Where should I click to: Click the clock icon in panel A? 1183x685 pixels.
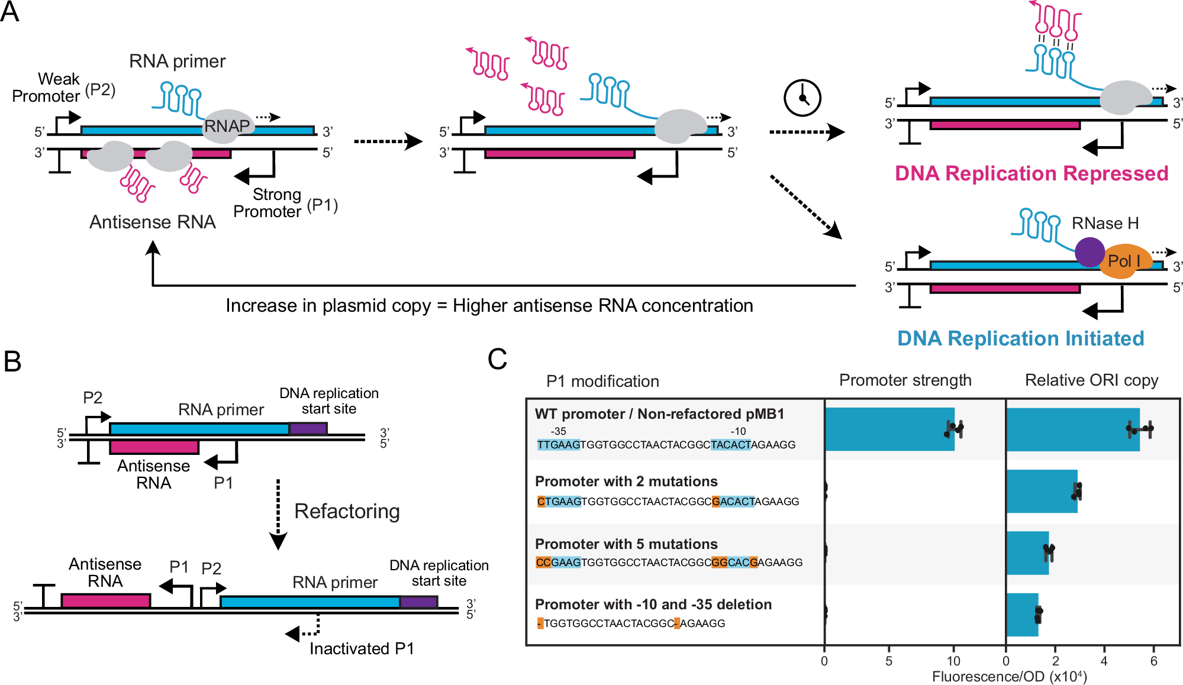(802, 98)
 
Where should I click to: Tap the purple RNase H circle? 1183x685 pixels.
(1089, 252)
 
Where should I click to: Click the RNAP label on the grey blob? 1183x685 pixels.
(227, 126)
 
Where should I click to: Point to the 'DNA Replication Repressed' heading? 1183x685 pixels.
(1031, 173)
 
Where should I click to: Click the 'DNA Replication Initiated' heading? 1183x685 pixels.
(1020, 338)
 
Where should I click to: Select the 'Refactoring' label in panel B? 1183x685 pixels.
(347, 511)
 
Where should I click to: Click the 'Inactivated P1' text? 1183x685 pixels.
(361, 649)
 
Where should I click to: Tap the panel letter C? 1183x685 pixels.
(497, 359)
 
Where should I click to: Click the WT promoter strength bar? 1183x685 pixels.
(889, 429)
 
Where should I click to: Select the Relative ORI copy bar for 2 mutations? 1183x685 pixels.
(1042, 492)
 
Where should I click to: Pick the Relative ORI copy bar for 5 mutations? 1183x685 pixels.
(1027, 553)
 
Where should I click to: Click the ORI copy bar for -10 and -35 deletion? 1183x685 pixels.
(1022, 615)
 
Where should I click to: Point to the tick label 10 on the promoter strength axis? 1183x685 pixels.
(953, 661)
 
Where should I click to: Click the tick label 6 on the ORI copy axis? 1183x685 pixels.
(1153, 661)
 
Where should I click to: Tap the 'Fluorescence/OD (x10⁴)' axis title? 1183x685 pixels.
(1009, 677)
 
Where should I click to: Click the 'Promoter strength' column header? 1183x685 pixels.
(905, 380)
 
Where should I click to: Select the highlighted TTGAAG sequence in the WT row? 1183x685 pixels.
(558, 445)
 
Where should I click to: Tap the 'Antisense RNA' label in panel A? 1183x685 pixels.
(152, 222)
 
